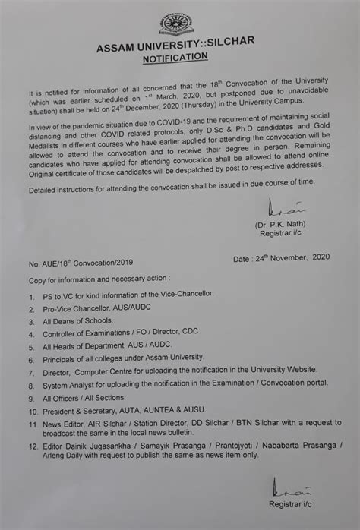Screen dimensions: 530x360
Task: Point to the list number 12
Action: point(28,445)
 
